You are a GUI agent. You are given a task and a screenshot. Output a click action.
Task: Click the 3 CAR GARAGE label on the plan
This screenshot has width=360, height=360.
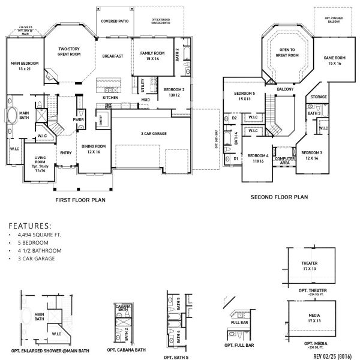coord(154,133)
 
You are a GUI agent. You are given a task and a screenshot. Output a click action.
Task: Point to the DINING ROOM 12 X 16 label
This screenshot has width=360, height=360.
coord(93,149)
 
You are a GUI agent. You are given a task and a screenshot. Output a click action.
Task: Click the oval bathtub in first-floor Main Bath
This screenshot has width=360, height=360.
coord(11,116)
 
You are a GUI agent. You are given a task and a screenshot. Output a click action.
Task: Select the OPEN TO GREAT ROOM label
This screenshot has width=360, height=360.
coord(287,53)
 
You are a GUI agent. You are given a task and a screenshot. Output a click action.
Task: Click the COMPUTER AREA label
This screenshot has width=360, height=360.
coord(283,160)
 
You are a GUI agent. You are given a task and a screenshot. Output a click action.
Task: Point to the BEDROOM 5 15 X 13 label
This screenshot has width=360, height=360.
coord(245,96)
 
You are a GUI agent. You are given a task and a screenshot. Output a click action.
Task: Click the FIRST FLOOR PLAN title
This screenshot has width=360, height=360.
coord(80,200)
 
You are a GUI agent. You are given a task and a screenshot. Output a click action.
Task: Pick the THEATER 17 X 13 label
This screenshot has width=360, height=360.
coord(310,266)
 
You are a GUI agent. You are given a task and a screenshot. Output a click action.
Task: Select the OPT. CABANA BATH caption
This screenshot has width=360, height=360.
coord(126,350)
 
